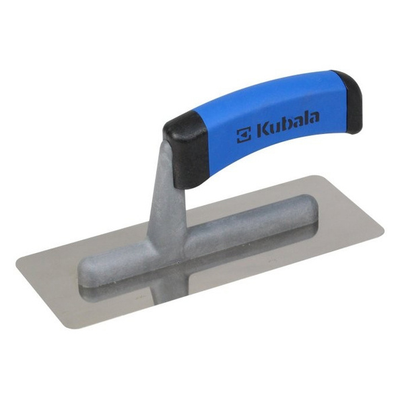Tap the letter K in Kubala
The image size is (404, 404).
[x=261, y=131]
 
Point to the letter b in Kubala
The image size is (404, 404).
[x=283, y=125]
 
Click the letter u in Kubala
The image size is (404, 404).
[x=273, y=130]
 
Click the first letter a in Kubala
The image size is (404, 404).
[x=295, y=124]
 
